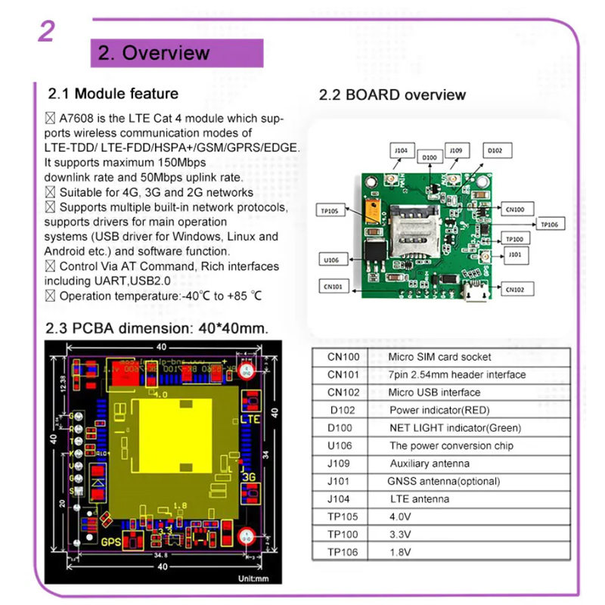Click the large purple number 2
coord(46,31)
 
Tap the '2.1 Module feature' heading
coord(113,94)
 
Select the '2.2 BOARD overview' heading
coord(392,95)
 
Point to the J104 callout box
coord(402,150)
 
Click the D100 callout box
coord(430,157)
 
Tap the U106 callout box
coord(332,259)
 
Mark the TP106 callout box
coord(550,224)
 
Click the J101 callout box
coord(515,255)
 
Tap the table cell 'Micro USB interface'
coord(434,392)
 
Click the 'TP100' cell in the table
coord(339,535)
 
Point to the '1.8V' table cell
coord(402,553)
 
